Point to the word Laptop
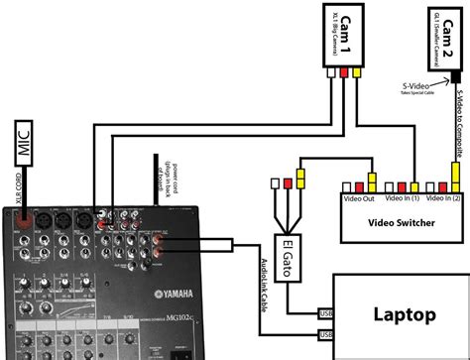[404, 315]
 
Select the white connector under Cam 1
[334, 71]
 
